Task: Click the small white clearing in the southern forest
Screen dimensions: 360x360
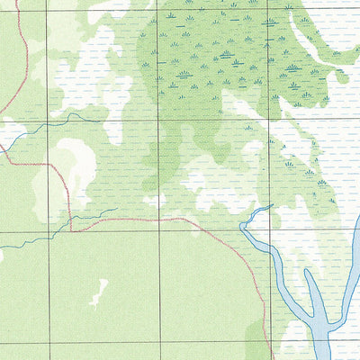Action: coord(98,291)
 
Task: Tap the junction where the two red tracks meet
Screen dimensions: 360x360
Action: coord(72,229)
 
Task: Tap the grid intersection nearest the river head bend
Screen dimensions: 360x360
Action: coord(269,230)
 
